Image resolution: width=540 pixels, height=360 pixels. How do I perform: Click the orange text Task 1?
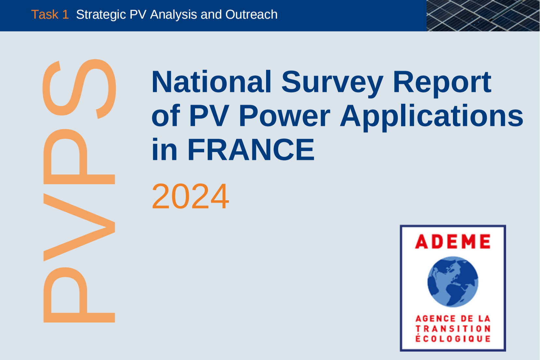pos(50,14)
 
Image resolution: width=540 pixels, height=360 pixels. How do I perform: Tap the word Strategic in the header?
pos(101,15)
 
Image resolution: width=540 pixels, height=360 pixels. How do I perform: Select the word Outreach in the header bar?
pos(251,14)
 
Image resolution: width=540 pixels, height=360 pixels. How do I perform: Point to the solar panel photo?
pos(483,15)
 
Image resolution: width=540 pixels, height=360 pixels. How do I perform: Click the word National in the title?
pos(212,82)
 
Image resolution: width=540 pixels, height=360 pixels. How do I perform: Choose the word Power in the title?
pos(284,115)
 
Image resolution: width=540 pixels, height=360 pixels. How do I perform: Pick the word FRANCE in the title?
pos(251,149)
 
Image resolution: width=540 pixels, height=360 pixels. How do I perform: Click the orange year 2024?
pos(190,196)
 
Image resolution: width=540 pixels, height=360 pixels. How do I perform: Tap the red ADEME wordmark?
pos(453,241)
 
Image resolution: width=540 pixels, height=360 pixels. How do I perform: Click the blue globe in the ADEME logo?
pos(453,282)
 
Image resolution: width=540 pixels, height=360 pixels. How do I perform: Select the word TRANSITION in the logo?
pos(453,329)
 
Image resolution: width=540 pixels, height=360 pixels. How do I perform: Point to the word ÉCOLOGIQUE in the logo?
pos(453,338)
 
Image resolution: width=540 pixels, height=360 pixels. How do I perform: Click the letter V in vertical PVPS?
pos(79,227)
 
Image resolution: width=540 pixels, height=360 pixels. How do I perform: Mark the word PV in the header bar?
pos(138,14)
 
